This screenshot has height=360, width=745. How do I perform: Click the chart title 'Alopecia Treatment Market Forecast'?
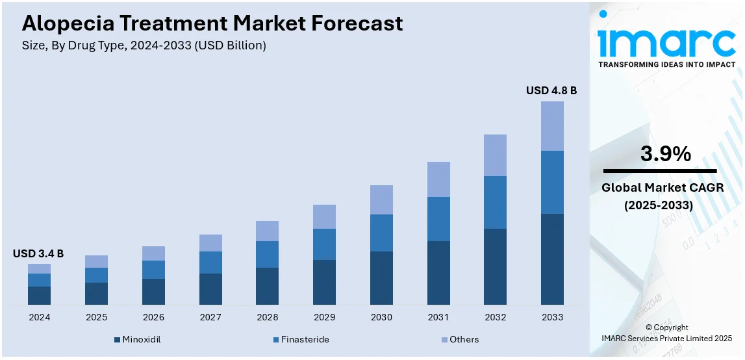coord(212,23)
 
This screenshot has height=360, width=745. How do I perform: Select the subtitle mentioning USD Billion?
coord(144,45)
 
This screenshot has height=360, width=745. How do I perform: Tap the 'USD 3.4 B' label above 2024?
coord(38,253)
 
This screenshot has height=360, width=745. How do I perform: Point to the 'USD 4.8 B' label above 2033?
coord(551,90)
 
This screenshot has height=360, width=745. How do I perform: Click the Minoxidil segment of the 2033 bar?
coord(552,259)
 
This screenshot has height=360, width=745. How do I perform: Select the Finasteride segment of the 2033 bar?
coord(552,182)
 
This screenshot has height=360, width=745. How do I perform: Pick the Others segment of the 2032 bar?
coord(495,155)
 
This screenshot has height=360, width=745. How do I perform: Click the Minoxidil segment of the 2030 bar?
coord(381,277)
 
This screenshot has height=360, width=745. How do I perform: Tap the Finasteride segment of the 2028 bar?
coord(267,254)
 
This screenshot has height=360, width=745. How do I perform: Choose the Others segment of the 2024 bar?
coord(39,268)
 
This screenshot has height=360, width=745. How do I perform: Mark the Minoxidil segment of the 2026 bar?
coord(153,291)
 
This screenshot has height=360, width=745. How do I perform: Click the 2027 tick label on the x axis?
coord(210,317)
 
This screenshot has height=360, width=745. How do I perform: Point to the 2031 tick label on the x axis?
coord(438,317)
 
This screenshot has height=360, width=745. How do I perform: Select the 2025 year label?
coord(96,317)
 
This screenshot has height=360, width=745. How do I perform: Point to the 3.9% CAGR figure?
coord(666,154)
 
